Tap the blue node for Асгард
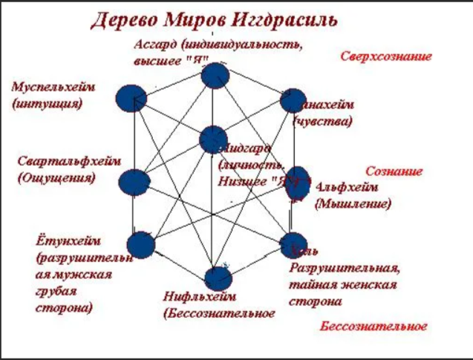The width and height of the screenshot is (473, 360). point(214,76)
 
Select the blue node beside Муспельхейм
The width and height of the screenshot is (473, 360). point(131,98)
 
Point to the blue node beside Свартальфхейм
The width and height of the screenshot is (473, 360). point(135,182)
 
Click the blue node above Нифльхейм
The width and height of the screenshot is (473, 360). point(218,277)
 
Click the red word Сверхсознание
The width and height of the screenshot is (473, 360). point(386,56)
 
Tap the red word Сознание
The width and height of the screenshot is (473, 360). point(394,171)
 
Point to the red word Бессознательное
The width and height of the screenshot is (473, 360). point(373,327)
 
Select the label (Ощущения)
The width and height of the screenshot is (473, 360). point(56,178)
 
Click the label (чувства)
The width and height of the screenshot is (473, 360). point(324,120)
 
